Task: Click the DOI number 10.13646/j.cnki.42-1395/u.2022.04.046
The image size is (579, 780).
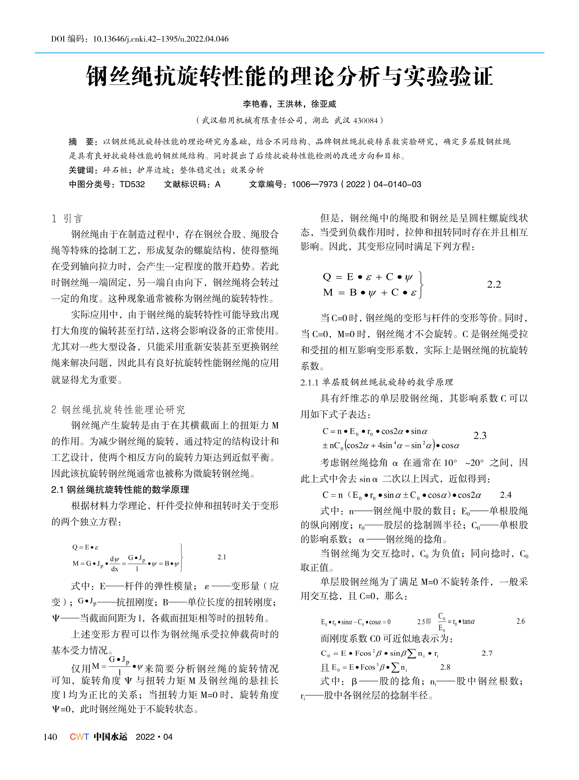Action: click(160, 39)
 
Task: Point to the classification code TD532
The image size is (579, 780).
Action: click(132, 184)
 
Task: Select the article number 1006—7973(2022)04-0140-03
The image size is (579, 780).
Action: click(356, 184)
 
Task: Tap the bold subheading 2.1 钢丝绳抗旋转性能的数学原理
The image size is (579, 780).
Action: click(120, 490)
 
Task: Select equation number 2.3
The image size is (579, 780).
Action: click(480, 436)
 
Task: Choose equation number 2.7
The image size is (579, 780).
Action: click(487, 653)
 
